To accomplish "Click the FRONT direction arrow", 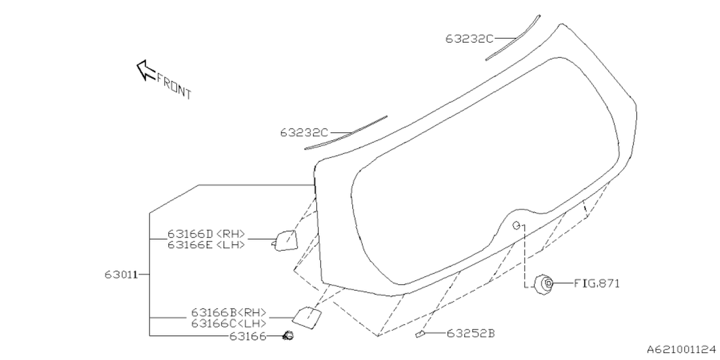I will point(146,70).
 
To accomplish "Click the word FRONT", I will point(174,86).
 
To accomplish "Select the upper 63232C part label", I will point(469,38).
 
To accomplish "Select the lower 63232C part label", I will point(304,133).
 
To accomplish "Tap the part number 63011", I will point(121,274).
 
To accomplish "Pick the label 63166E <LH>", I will point(206,244).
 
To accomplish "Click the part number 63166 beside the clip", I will point(247,336).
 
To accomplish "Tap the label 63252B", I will point(471,334).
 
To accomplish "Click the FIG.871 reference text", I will point(596,283).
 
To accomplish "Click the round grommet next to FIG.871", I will point(544,283).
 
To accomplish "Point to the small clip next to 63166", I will point(290,336).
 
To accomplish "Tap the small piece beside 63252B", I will point(420,335).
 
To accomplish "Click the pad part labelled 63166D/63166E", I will point(285,240).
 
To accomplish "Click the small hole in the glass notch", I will point(516,226).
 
